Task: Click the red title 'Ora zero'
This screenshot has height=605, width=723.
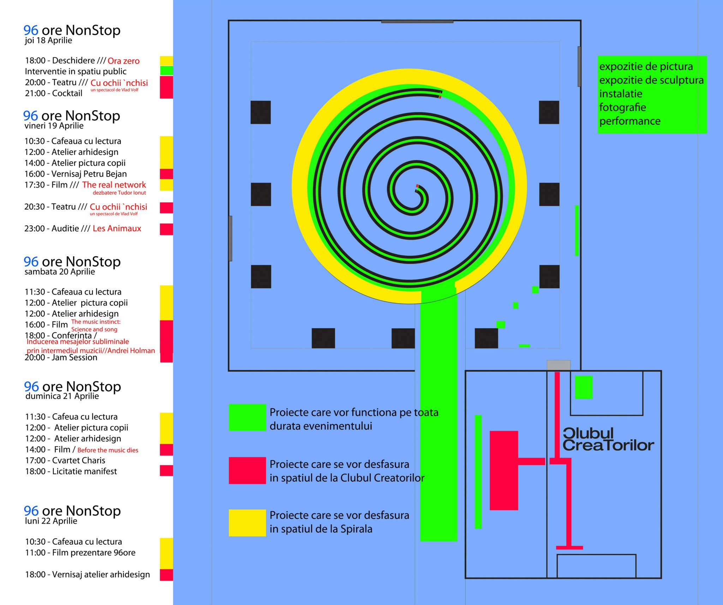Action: click(123, 61)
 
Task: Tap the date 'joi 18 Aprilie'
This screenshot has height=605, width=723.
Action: click(48, 41)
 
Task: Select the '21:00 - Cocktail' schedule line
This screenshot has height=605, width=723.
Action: click(53, 93)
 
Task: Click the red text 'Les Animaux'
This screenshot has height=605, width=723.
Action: click(117, 228)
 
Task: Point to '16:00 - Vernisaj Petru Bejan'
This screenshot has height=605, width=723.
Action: click(75, 174)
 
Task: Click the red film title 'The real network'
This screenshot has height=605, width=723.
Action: click(114, 185)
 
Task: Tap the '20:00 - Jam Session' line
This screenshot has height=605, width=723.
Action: click(61, 357)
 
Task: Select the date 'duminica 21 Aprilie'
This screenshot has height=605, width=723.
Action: click(62, 396)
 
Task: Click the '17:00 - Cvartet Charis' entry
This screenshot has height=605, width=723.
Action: click(65, 460)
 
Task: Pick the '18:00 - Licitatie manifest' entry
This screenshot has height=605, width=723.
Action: click(71, 471)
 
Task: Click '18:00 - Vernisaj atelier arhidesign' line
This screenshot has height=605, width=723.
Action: click(87, 574)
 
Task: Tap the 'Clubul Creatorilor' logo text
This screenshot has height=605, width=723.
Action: click(608, 440)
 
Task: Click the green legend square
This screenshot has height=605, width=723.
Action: click(247, 417)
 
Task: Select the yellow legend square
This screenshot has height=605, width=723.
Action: click(247, 523)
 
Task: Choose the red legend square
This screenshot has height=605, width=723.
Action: click(247, 470)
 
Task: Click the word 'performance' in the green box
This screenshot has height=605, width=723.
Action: click(630, 121)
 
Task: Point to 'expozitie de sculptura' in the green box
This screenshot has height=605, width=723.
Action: click(651, 80)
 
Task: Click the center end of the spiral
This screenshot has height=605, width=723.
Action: click(417, 188)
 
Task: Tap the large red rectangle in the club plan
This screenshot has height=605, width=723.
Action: click(504, 470)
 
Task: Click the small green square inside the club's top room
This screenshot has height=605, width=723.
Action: click(584, 387)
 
